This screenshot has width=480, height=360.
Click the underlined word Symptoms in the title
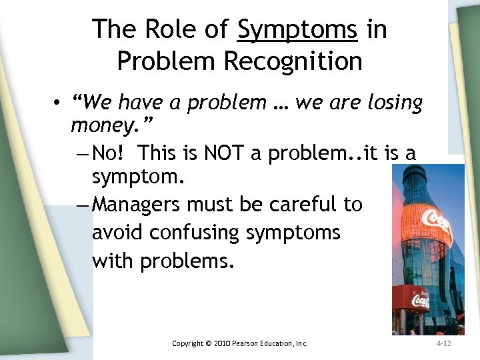pos(297,30)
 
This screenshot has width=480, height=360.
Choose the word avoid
pos(118,233)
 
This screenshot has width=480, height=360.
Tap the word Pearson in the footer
pos(258,343)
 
